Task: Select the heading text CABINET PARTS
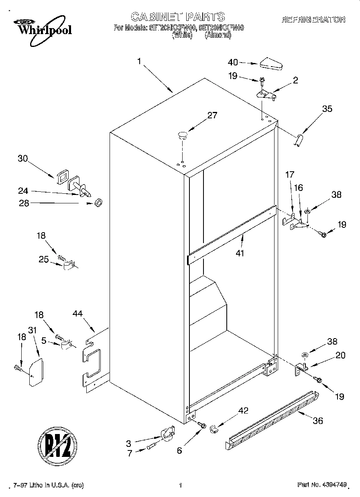coord(178,16)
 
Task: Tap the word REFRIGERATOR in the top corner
coord(313,19)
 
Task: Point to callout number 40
coord(233,62)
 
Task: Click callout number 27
coord(212,116)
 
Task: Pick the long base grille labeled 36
coord(273,419)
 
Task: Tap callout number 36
coord(317,420)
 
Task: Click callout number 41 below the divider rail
coord(240,253)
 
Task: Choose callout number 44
coord(78,313)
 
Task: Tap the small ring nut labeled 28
coord(98,203)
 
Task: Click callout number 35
coord(327,108)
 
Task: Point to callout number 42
coord(243,410)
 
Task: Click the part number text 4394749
coord(333,485)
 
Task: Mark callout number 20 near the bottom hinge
coord(340,355)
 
